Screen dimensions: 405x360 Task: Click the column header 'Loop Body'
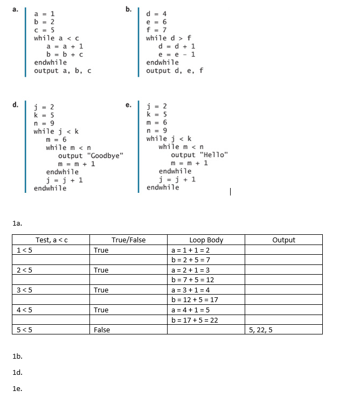(x=206, y=240)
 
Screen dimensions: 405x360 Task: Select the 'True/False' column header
(x=128, y=240)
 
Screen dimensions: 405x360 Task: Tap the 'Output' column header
(x=283, y=240)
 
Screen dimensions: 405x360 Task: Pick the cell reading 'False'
(x=102, y=330)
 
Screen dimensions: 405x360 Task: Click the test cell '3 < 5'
(x=25, y=290)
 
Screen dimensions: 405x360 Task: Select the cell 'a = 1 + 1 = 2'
(x=190, y=250)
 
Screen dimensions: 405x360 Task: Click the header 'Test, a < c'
(x=51, y=240)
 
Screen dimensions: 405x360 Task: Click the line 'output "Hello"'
(x=199, y=155)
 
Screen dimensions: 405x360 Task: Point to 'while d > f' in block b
(x=168, y=38)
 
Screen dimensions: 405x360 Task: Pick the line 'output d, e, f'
(x=175, y=71)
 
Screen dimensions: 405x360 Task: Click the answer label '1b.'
(x=16, y=356)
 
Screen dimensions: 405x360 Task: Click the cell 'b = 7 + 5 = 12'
(x=192, y=280)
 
